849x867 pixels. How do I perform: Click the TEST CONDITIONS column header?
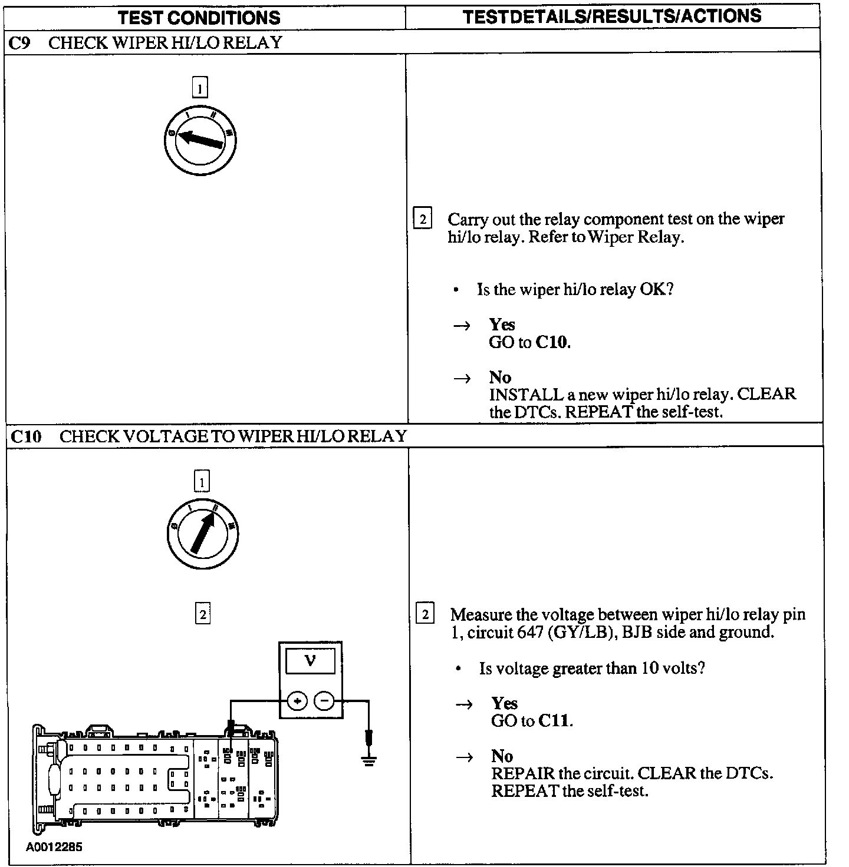pos(199,18)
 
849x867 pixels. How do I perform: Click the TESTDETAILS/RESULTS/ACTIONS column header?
pos(612,16)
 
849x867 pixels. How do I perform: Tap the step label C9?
pos(21,43)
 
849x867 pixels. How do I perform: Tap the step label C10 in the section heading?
pos(27,436)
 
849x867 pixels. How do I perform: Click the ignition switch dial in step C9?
pos(200,140)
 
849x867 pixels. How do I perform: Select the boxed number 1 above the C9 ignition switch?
pos(200,88)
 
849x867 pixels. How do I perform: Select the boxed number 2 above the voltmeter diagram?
pos(202,614)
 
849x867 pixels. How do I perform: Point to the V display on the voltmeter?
pos(310,661)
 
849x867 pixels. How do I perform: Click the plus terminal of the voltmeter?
pos(297,701)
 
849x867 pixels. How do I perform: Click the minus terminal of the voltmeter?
pos(324,701)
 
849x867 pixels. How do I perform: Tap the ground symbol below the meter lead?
pos(369,760)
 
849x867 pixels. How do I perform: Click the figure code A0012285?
pos(54,847)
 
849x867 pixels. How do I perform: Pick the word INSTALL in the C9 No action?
pos(525,394)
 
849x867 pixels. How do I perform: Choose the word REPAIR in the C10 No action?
pos(523,773)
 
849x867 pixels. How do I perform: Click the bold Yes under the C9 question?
pos(502,325)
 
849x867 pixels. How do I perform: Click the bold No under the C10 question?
pos(502,756)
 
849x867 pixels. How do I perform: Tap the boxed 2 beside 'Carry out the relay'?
pos(422,219)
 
